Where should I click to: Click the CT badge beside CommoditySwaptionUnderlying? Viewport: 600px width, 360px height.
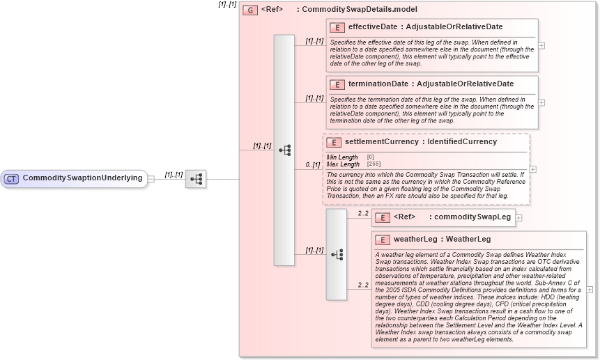click(x=11, y=178)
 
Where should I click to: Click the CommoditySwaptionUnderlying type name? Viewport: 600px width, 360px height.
click(x=82, y=178)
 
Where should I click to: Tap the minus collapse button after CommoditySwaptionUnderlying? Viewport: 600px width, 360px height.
click(x=151, y=178)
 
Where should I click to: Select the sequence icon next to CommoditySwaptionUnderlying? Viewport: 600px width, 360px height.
click(x=196, y=179)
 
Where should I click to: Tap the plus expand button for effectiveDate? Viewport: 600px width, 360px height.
click(x=541, y=45)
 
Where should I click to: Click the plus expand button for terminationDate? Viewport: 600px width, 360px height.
click(x=541, y=102)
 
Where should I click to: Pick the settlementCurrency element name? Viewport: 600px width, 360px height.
click(x=382, y=142)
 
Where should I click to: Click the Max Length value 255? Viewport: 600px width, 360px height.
click(x=373, y=164)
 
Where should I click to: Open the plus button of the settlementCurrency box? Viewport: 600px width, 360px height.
click(x=533, y=169)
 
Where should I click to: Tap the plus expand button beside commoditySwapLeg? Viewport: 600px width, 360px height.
click(x=518, y=218)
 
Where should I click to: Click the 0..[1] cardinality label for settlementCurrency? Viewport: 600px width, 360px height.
click(x=314, y=165)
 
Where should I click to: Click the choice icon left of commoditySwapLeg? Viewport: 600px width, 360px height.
click(x=337, y=255)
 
